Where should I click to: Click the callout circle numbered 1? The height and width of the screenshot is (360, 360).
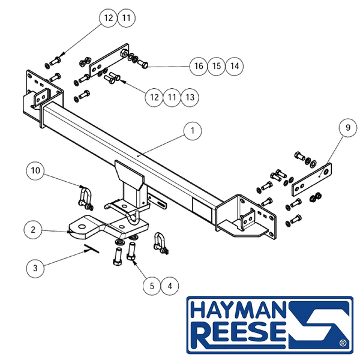[193, 131]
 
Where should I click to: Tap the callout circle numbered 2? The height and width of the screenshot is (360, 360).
[33, 230]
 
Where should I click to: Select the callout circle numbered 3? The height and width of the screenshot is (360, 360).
[35, 268]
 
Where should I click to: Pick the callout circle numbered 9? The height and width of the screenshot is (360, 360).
[348, 128]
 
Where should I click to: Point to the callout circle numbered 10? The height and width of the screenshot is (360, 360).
[35, 170]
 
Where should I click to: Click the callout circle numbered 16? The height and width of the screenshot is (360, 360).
[199, 67]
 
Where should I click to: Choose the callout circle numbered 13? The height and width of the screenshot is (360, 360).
[190, 97]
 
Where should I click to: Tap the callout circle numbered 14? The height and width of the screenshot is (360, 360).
[235, 67]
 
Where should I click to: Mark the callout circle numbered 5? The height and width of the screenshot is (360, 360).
[152, 286]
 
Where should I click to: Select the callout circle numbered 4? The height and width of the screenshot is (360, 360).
[170, 286]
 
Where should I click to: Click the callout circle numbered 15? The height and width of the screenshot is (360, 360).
[217, 67]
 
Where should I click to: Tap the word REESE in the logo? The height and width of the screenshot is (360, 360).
[239, 332]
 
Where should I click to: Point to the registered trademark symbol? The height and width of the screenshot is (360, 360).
[343, 343]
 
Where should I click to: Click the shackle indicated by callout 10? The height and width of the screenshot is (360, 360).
[85, 198]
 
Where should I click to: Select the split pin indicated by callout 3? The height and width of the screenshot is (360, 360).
[92, 248]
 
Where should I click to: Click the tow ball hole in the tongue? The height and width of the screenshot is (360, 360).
[82, 227]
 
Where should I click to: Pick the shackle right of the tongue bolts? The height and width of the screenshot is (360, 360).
[161, 244]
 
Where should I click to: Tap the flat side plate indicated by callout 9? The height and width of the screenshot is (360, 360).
[312, 179]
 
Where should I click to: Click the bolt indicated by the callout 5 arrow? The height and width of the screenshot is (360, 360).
[131, 251]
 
